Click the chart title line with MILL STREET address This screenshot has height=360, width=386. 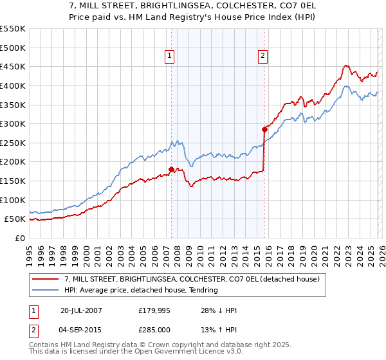[192, 5]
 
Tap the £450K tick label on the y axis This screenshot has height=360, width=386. [13, 67]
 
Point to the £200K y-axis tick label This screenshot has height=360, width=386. [13, 162]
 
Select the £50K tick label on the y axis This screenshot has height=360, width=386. [15, 219]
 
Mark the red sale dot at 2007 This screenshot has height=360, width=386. [171, 170]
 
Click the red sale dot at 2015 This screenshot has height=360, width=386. [264, 129]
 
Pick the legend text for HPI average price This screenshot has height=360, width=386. [141, 291]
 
